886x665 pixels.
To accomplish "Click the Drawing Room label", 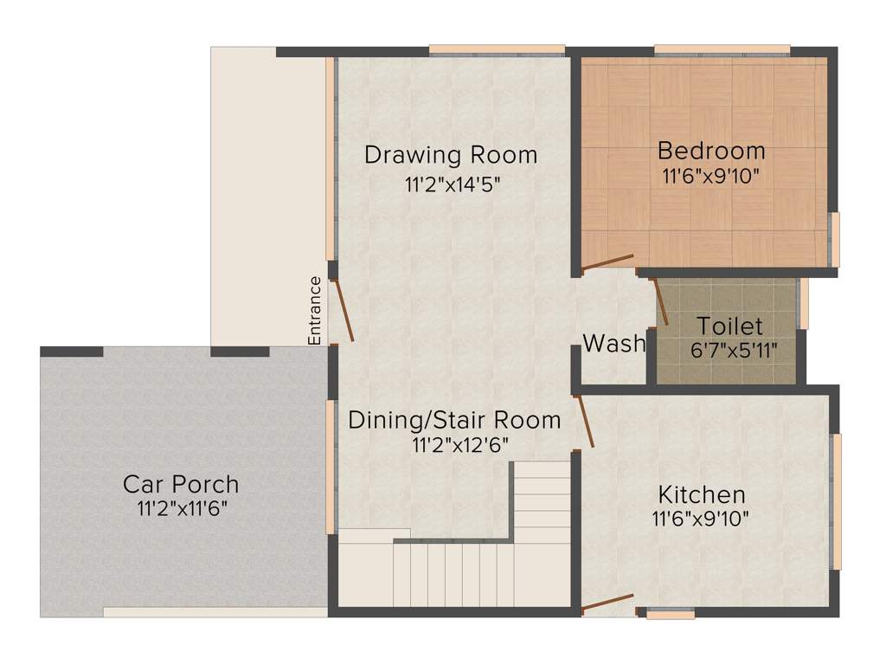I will coord(451,155).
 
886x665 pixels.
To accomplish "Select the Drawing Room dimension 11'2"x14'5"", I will coord(452,184).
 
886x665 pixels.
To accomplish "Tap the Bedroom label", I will coord(711,151).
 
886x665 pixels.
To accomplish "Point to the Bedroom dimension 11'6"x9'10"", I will coord(711,176).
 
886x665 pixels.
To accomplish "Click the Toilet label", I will coord(730,326).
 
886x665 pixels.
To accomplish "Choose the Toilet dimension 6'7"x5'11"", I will coord(730,351).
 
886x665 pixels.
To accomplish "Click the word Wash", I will coord(614,344).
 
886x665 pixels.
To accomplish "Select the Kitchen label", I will coord(702,494).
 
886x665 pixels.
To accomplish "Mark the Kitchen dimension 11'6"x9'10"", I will coord(702,519).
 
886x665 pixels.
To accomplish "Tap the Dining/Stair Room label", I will coord(454,420).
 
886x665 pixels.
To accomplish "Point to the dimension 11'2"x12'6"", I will coord(459,445).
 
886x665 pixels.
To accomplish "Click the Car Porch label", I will coord(181,483).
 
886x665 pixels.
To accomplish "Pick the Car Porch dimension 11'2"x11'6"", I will coord(181,507).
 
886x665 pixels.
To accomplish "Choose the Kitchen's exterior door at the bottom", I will coord(608,603).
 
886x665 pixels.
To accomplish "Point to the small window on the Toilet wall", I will coord(804,303).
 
